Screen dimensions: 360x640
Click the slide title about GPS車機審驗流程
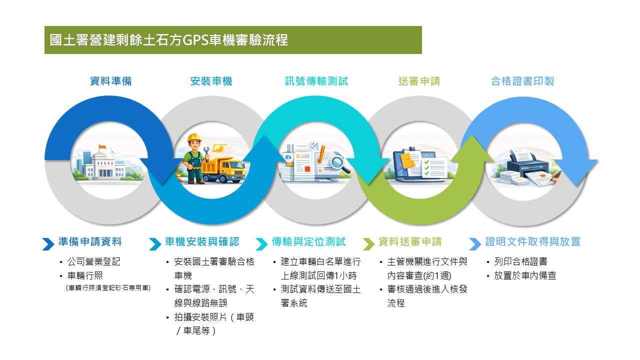click(169, 40)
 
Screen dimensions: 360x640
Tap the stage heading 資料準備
click(111, 81)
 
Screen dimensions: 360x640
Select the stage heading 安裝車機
click(211, 81)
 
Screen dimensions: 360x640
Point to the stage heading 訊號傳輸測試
click(316, 81)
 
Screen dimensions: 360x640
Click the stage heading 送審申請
click(419, 81)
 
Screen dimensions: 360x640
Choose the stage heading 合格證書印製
click(522, 81)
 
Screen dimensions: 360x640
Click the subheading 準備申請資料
click(90, 242)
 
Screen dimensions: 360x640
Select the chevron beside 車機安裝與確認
click(155, 244)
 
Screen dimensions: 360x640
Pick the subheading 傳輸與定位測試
click(308, 242)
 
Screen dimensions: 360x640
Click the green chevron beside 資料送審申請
click(368, 244)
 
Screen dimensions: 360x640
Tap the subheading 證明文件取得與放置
click(533, 242)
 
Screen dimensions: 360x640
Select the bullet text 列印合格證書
click(520, 262)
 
